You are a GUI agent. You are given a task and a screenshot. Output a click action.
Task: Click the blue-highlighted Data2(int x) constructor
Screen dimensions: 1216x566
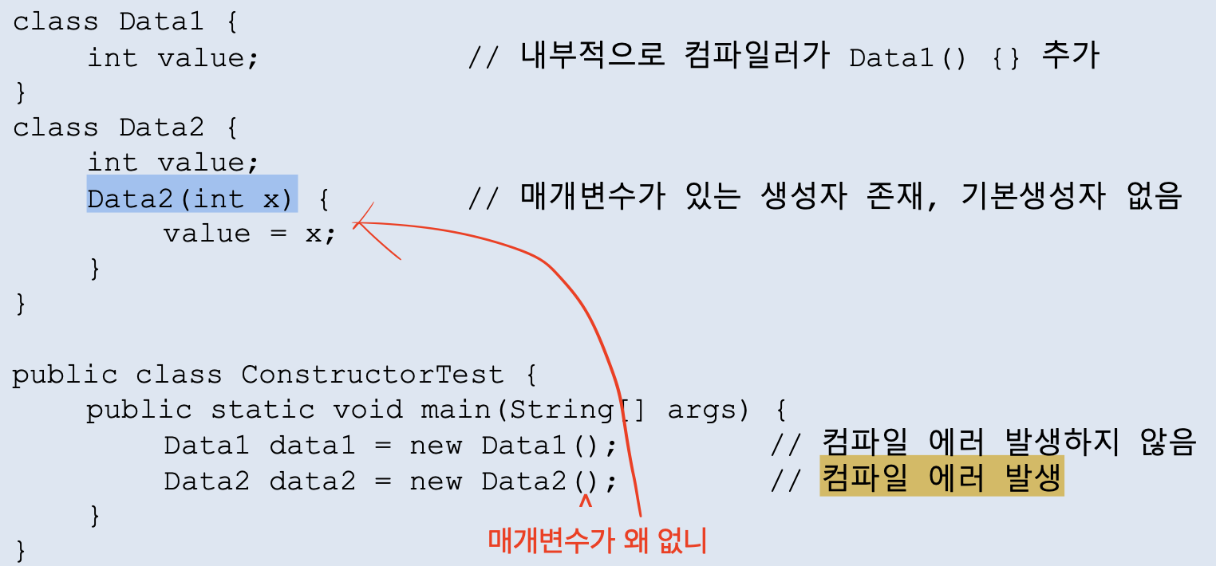(191, 197)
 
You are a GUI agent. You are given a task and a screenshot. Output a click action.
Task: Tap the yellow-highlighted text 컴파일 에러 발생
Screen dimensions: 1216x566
(942, 479)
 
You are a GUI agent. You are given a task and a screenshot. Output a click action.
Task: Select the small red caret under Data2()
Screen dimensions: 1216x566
(586, 502)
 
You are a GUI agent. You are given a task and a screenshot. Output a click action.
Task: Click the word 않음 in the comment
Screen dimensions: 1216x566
(1170, 443)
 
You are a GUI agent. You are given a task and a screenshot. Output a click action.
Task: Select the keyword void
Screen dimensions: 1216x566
(368, 409)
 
